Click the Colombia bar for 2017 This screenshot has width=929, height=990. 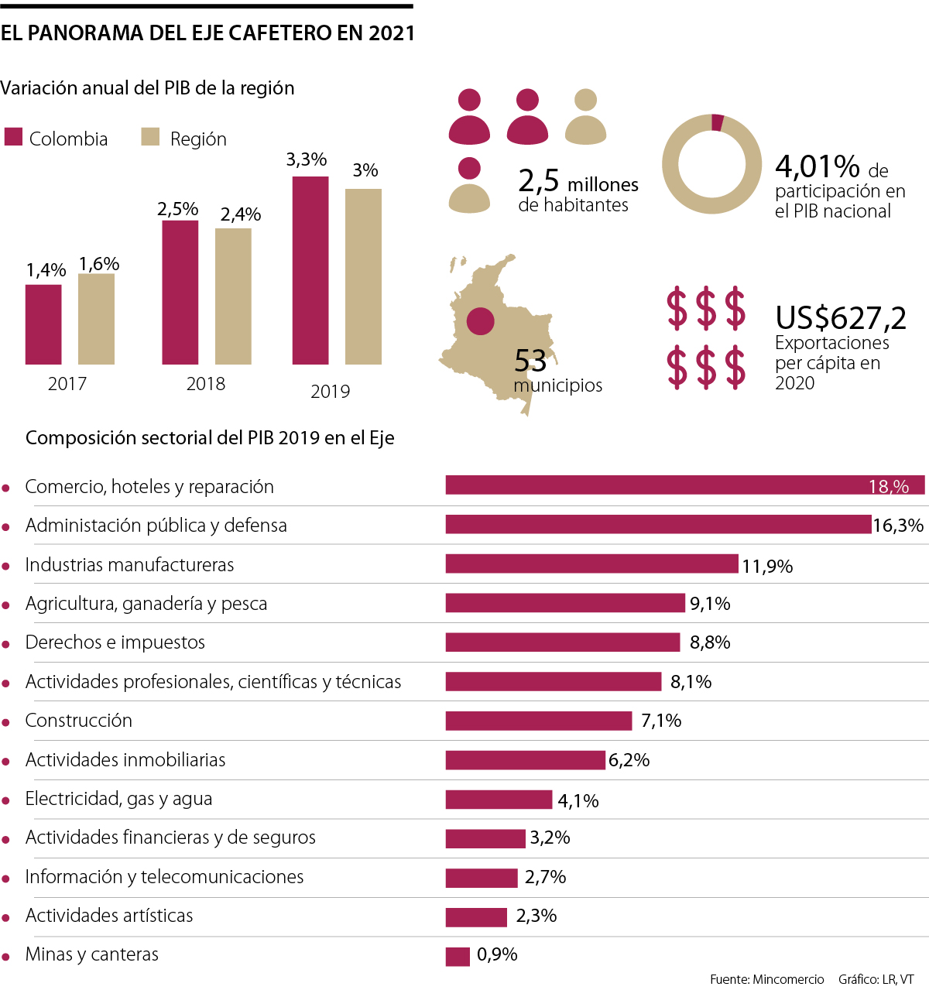[x=43, y=324]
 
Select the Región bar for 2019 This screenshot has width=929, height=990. [x=363, y=276]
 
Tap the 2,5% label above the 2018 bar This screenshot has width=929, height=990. [x=178, y=209]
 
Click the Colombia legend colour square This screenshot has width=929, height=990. [x=13, y=137]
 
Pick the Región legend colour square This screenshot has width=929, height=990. [x=150, y=137]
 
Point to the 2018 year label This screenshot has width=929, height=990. [x=206, y=384]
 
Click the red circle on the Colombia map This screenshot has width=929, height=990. [x=481, y=320]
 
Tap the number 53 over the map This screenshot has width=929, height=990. [x=530, y=361]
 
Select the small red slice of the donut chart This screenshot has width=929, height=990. [x=717, y=122]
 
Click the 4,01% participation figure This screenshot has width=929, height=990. [x=818, y=166]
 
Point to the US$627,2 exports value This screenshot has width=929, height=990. [x=841, y=318]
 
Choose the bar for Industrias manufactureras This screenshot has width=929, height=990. [x=591, y=564]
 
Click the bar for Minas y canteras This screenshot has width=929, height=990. [x=458, y=957]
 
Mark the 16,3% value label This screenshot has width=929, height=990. [x=898, y=526]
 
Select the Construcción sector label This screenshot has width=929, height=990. [x=79, y=721]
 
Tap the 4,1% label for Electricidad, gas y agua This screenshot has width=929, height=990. [x=578, y=801]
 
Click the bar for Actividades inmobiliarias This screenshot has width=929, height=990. [x=525, y=760]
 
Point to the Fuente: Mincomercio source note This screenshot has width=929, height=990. [x=766, y=979]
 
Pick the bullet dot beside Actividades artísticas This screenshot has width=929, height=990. [x=6, y=918]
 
